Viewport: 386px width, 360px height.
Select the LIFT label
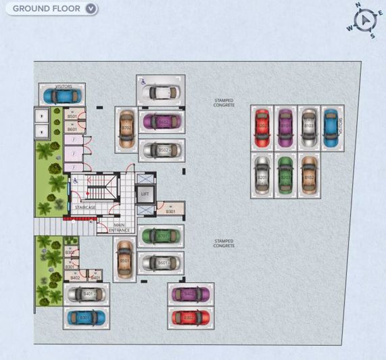pos(144,194)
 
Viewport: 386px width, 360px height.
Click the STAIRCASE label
pos(85,207)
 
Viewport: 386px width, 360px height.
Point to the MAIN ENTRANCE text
pos(120,227)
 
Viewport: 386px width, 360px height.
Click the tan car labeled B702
pos(126,129)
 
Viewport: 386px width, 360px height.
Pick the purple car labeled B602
pos(162,122)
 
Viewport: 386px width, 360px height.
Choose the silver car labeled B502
pos(162,150)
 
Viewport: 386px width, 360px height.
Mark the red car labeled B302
pos(189,316)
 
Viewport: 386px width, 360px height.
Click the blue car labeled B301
pos(85,316)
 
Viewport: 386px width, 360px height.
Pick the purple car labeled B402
pos(189,294)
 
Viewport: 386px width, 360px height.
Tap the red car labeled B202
pos(262,127)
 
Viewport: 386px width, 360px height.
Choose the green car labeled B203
pos(285,175)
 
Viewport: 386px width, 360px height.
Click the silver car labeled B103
pos(309,127)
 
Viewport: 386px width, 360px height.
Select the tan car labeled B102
pos(308,175)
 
